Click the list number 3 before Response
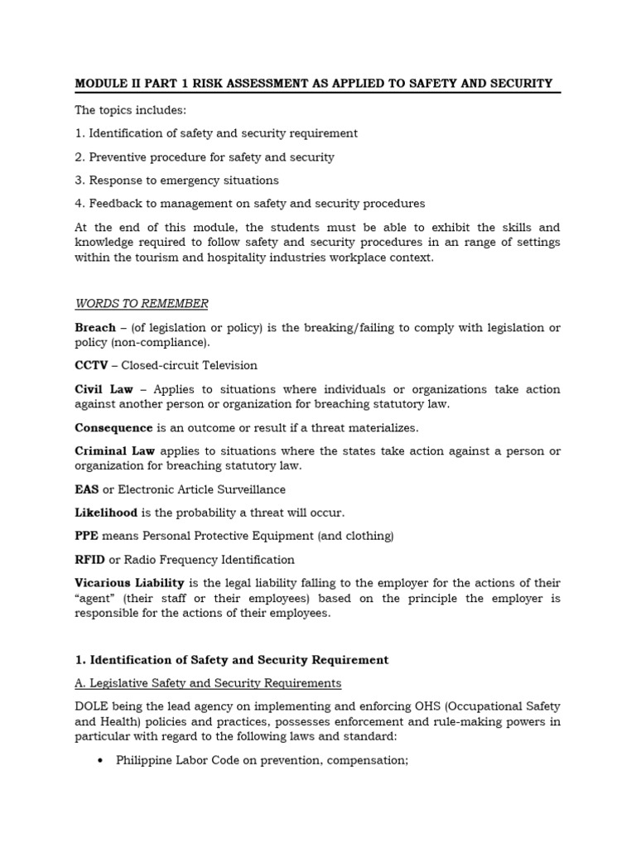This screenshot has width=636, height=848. tap(79, 181)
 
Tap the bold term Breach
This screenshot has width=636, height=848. tap(95, 328)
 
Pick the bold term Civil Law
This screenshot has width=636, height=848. tap(104, 389)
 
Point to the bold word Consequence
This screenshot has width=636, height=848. tap(113, 428)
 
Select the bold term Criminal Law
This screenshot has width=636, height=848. tap(115, 451)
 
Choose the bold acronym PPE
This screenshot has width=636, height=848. tap(86, 536)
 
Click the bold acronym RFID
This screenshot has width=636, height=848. tap(89, 560)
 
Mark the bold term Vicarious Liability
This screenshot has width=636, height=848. tap(129, 584)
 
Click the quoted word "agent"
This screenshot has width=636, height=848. tap(95, 599)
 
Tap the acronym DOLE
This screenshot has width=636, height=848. tap(92, 706)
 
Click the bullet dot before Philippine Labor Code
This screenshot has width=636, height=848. tap(99, 760)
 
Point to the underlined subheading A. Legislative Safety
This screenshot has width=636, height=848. tap(207, 683)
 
